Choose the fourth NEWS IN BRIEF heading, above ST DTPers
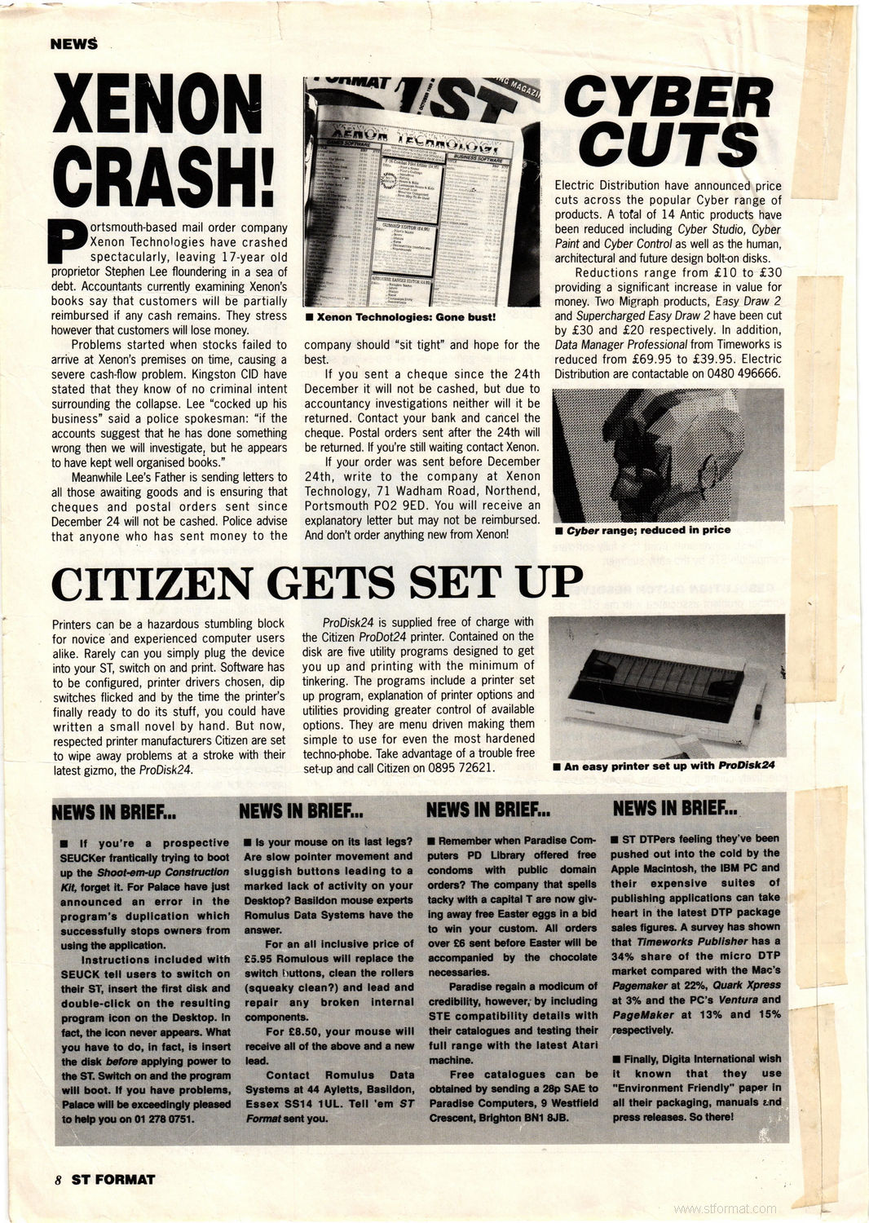coord(674,808)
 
